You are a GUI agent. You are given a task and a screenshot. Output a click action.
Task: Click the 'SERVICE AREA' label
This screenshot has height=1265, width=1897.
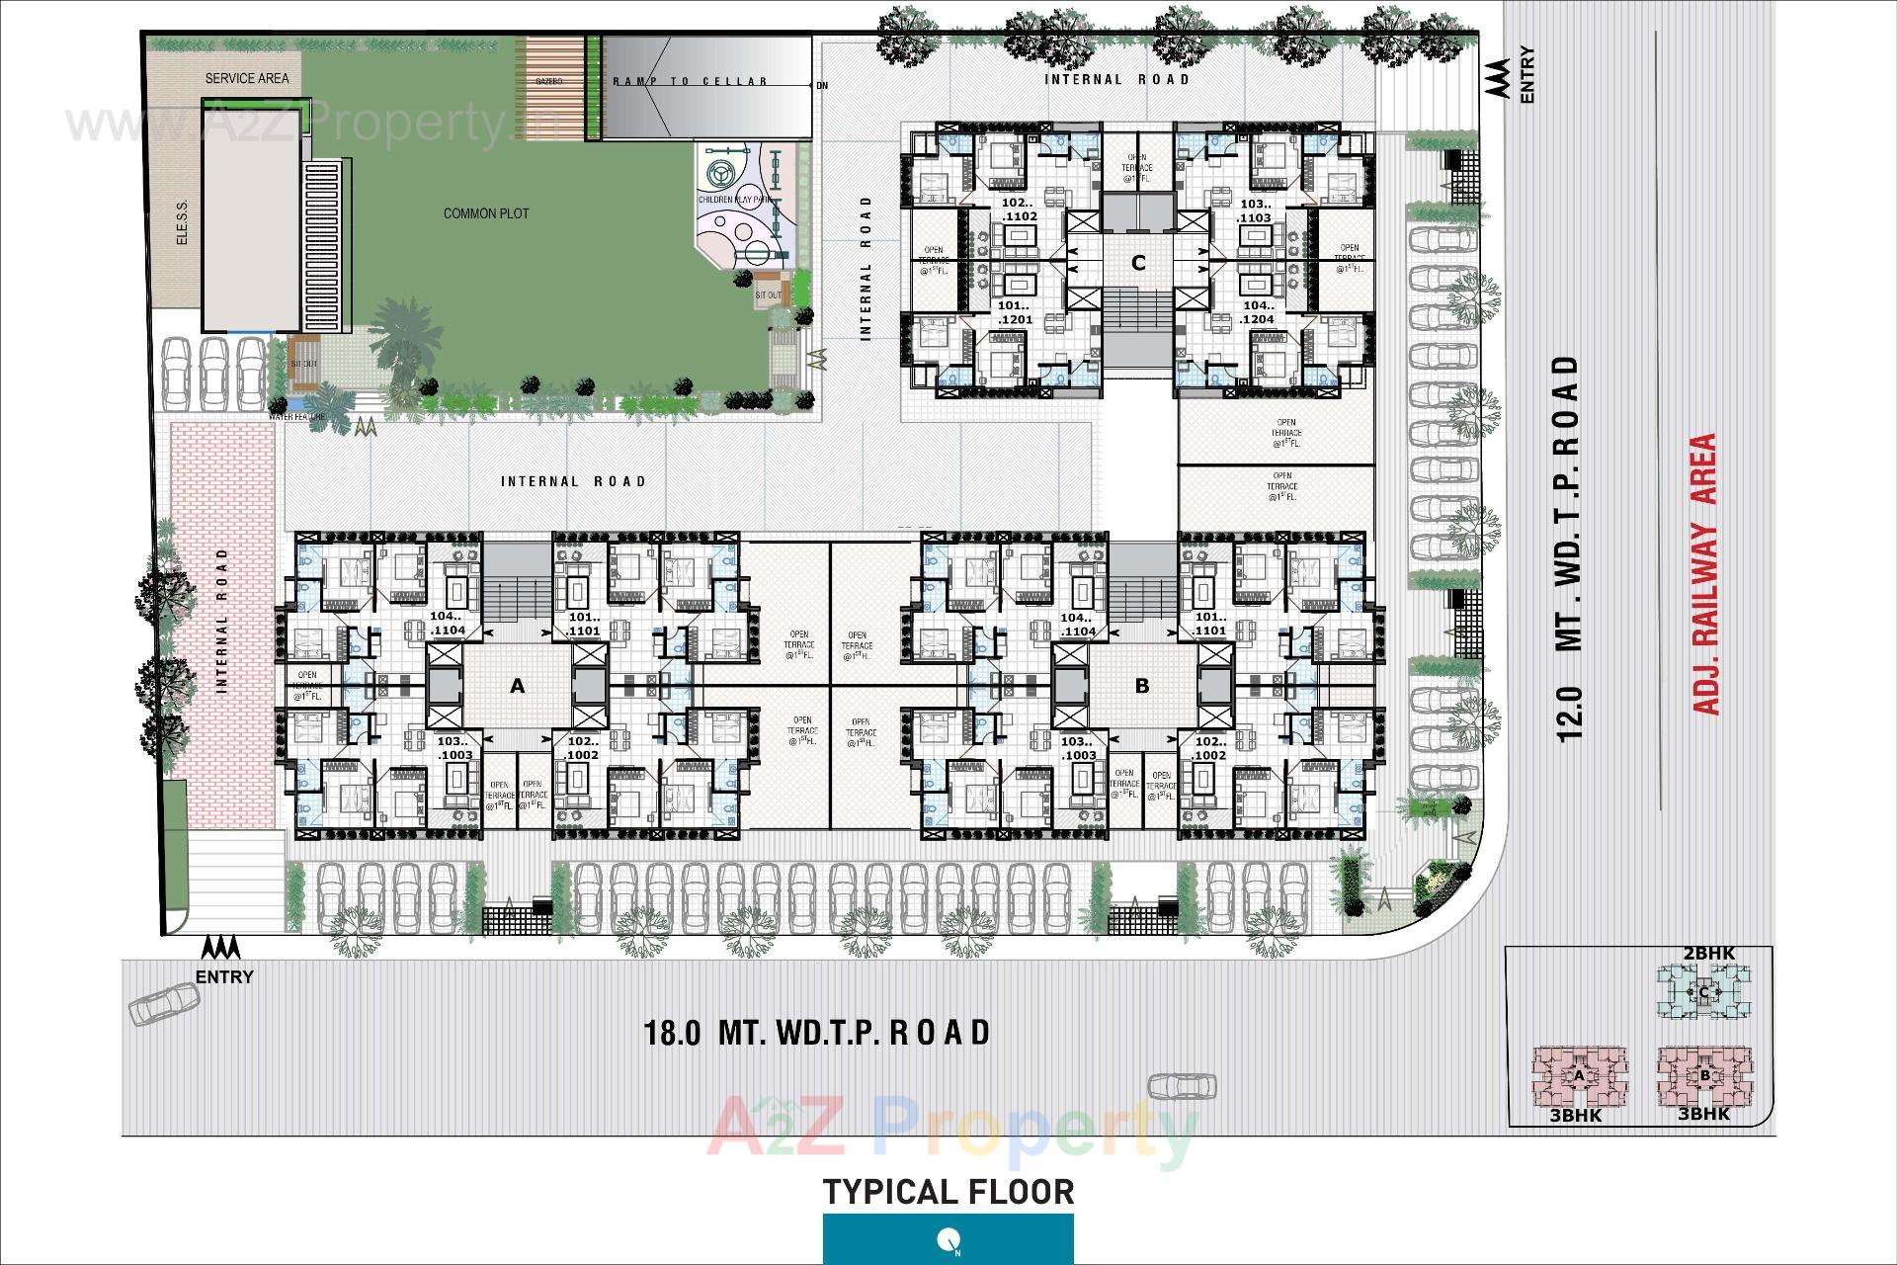pyautogui.click(x=246, y=78)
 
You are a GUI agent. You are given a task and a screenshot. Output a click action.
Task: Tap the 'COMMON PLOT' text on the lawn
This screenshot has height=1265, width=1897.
pyautogui.click(x=485, y=213)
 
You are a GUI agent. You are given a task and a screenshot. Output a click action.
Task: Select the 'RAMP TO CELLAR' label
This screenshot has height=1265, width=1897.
pyautogui.click(x=690, y=81)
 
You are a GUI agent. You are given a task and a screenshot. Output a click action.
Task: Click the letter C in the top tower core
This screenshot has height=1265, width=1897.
pyautogui.click(x=1138, y=263)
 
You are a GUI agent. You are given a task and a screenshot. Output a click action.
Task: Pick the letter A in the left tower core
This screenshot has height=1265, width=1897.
pyautogui.click(x=517, y=686)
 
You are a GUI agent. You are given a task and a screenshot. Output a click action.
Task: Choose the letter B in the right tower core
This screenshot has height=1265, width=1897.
pyautogui.click(x=1142, y=686)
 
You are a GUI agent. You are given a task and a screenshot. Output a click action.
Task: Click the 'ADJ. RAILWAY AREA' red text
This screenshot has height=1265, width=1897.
pyautogui.click(x=1706, y=573)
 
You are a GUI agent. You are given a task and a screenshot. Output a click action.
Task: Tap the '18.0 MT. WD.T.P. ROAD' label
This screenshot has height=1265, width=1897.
pyautogui.click(x=816, y=1033)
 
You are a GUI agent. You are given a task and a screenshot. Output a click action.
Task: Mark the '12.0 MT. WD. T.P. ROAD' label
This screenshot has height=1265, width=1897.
pyautogui.click(x=1568, y=548)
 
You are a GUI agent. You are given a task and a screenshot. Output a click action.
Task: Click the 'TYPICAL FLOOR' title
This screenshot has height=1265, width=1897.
pyautogui.click(x=948, y=1192)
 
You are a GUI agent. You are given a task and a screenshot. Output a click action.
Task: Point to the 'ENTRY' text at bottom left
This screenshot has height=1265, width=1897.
pyautogui.click(x=224, y=977)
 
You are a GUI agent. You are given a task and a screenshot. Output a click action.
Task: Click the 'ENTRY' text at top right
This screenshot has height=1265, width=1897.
pyautogui.click(x=1527, y=75)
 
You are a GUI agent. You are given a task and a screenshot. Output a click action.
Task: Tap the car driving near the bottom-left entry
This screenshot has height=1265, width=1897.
pyautogui.click(x=165, y=1004)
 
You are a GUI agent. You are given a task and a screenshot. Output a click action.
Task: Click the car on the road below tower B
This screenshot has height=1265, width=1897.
pyautogui.click(x=1183, y=1085)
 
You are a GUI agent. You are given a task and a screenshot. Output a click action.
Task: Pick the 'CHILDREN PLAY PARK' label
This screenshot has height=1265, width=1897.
pyautogui.click(x=734, y=200)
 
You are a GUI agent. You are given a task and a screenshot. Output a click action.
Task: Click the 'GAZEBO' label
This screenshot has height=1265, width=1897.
pyautogui.click(x=549, y=81)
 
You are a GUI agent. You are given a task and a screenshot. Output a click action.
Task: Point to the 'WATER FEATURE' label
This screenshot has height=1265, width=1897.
pyautogui.click(x=296, y=417)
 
